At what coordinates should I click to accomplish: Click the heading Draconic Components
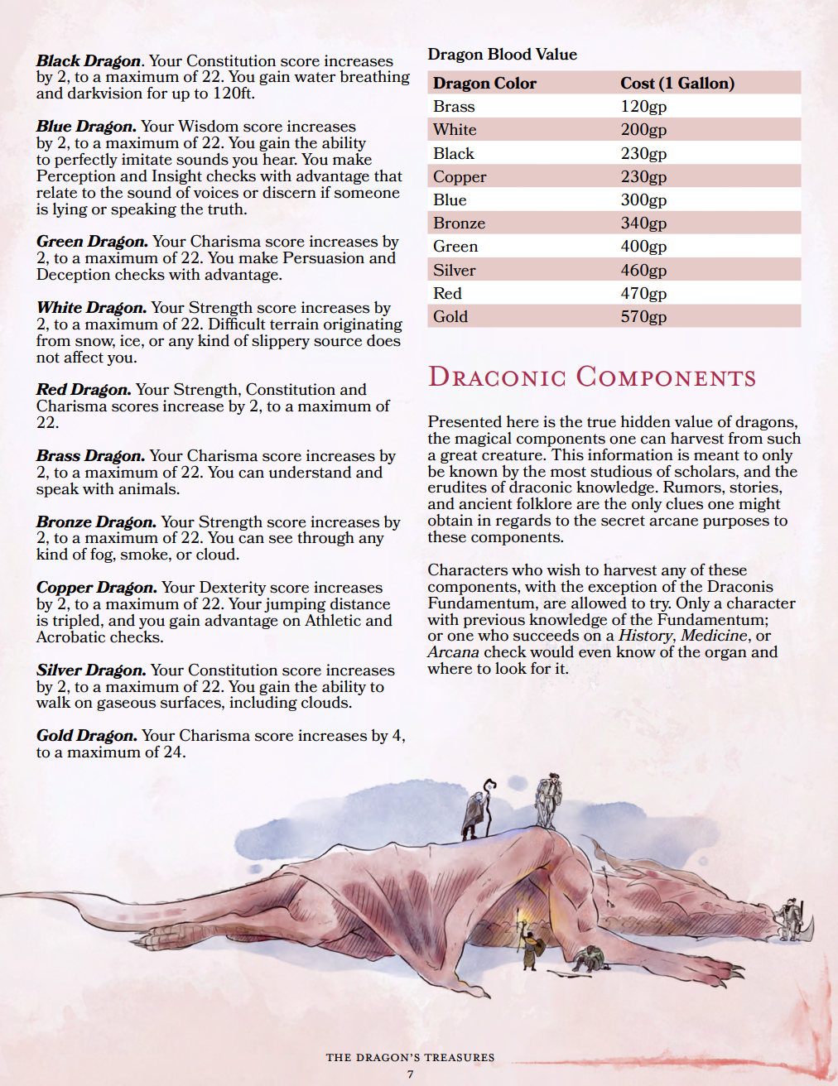591,377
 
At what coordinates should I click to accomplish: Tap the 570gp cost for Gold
643,316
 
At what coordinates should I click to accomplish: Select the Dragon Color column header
484,83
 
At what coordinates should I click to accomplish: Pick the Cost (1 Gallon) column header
677,83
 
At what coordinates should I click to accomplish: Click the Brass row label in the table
454,106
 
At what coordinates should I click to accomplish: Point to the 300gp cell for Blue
643,199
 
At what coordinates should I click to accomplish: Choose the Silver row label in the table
455,270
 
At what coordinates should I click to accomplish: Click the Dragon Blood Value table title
502,54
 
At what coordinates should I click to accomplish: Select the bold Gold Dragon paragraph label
86,735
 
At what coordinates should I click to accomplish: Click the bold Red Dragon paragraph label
83,389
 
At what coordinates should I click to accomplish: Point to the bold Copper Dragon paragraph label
96,587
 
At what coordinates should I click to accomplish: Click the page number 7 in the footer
410,1074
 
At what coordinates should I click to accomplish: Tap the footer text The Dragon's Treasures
410,1057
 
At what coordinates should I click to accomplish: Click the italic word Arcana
453,651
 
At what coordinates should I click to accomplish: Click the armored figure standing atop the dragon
547,800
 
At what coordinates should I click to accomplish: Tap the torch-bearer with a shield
528,944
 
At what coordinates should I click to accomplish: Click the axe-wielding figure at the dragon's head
792,919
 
